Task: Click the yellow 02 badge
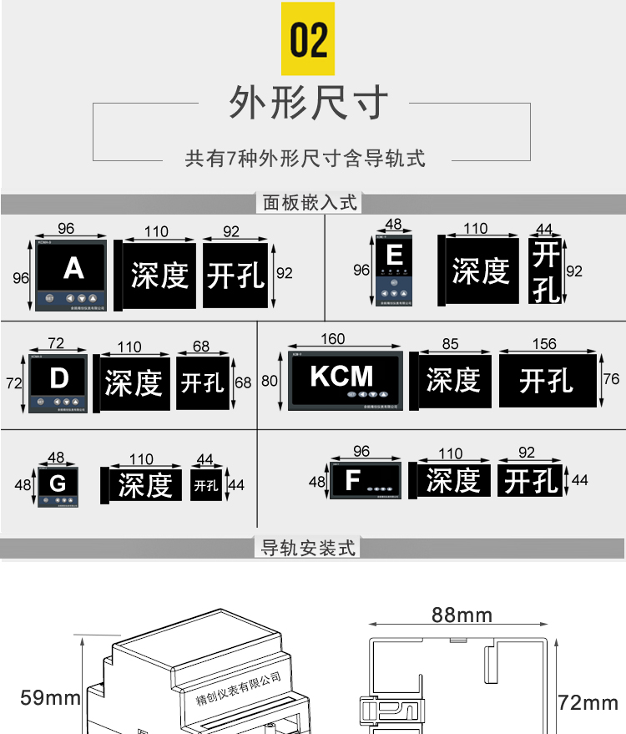(308, 39)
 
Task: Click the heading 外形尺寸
(310, 103)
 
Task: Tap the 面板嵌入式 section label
(310, 202)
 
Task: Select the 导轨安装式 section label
(309, 548)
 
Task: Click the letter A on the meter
(73, 268)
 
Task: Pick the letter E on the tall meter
(394, 256)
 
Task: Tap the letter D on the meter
(58, 379)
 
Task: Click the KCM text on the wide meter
(342, 376)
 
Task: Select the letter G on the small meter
(58, 483)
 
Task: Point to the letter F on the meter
(352, 480)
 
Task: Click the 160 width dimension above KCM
(332, 339)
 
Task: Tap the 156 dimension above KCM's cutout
(544, 343)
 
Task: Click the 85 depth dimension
(451, 343)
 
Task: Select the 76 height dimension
(612, 379)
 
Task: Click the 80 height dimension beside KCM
(269, 381)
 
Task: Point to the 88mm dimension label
(462, 615)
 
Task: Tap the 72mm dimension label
(588, 703)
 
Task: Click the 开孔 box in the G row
(205, 485)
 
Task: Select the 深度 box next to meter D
(133, 383)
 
